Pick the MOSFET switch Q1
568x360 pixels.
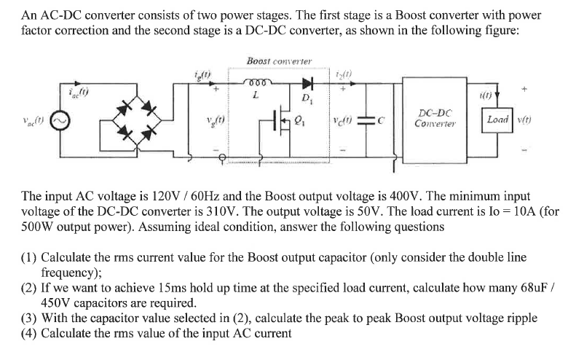click(x=296, y=121)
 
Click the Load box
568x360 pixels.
click(x=498, y=120)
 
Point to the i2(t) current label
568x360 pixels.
click(x=344, y=71)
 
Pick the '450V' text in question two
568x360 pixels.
click(x=58, y=303)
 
